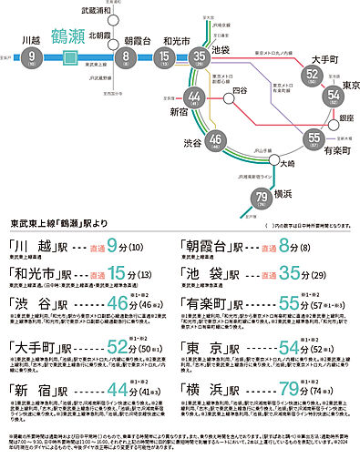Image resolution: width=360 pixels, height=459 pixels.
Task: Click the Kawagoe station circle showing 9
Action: (x=34, y=59)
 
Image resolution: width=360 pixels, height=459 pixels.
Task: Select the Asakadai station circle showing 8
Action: (x=129, y=59)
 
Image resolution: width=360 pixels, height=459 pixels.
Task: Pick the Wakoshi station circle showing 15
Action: (x=164, y=59)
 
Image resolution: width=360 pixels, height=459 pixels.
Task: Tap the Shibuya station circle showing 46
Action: (x=216, y=139)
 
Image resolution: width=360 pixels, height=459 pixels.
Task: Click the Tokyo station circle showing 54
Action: (x=331, y=94)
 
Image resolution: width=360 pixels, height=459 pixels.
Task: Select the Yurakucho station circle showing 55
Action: (x=314, y=139)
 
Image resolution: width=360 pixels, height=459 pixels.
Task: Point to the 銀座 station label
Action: (x=346, y=118)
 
